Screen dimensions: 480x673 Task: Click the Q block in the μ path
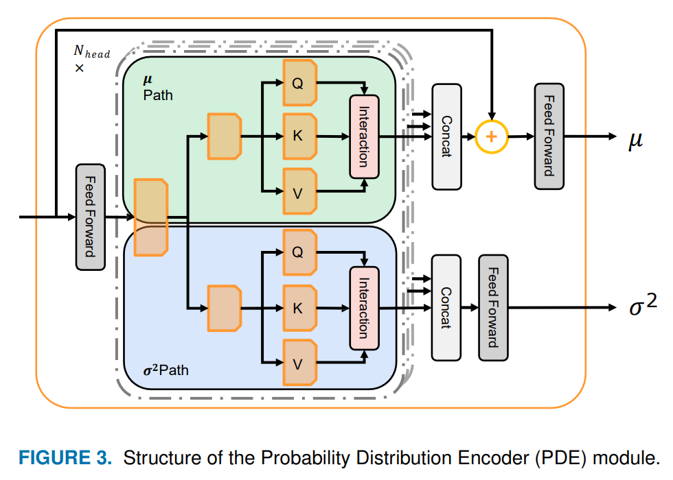[x=299, y=82]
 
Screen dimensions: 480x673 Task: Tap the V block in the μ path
[x=299, y=193]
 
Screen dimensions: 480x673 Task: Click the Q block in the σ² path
[x=299, y=252]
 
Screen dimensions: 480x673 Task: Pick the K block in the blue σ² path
[x=299, y=308]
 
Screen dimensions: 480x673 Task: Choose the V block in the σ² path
[x=299, y=363]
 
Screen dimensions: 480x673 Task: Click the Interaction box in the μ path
[x=364, y=136]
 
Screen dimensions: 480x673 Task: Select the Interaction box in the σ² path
[x=364, y=308]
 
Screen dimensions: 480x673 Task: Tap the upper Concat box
[x=446, y=136]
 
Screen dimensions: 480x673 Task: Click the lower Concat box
[x=446, y=308]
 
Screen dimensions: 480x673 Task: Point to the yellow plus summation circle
[x=490, y=136]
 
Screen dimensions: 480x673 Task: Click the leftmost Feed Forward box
[x=90, y=217]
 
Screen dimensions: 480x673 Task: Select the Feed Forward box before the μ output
[x=549, y=136]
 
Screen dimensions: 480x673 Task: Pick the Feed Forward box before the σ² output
[x=493, y=308]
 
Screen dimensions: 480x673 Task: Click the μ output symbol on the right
[x=635, y=140]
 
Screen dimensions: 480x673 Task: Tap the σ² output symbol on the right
[x=643, y=305]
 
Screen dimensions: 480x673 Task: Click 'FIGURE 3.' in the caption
[x=64, y=457]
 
